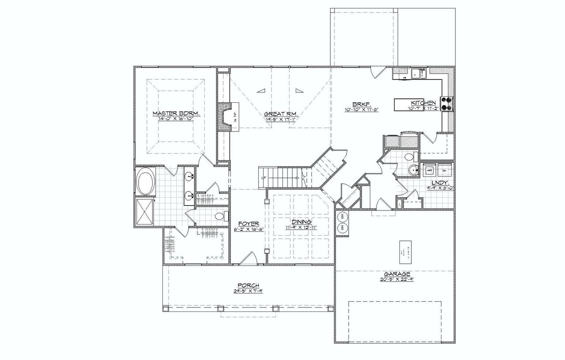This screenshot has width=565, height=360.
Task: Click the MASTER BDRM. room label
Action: (x=176, y=113)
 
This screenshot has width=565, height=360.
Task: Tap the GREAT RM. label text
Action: (x=281, y=114)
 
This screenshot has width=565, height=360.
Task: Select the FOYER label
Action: (x=248, y=223)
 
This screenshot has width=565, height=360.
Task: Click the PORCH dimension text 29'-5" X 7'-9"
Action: (x=248, y=291)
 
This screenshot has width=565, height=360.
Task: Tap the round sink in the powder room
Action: (x=414, y=169)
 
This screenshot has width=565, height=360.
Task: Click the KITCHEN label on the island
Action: (x=423, y=103)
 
